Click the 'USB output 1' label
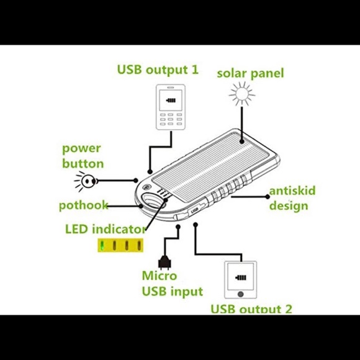[x=158, y=68]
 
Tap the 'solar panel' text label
[x=250, y=73]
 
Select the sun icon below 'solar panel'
[x=241, y=95]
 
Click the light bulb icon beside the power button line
[x=86, y=181]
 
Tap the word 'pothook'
[x=83, y=205]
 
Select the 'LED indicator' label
[x=105, y=228]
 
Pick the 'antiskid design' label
[x=289, y=199]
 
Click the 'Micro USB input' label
[x=172, y=283]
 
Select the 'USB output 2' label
[x=251, y=308]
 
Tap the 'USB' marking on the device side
[x=195, y=209]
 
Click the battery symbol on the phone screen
[x=172, y=99]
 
